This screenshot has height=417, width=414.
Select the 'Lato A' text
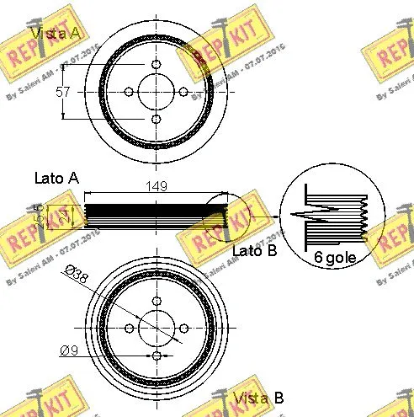(56, 178)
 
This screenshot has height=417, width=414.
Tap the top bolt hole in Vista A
(157, 65)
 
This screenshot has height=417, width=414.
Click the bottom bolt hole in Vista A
(157, 120)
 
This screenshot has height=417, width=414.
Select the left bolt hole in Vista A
(129, 92)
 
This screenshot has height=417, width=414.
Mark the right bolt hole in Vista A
(183, 92)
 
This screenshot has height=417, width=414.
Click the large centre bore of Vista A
(157, 92)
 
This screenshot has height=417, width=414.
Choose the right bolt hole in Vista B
(183, 329)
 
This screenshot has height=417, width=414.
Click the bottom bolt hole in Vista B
(157, 356)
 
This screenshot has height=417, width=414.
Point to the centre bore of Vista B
(157, 329)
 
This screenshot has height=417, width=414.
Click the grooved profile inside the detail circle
(332, 217)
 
